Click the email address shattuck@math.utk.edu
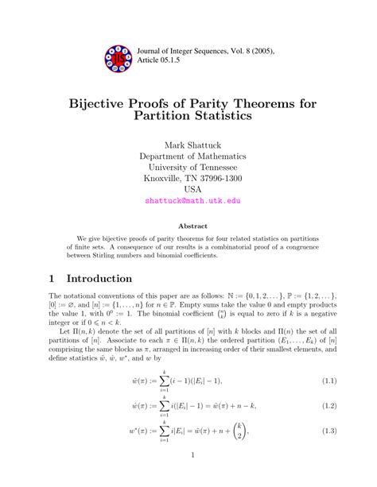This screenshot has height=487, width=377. (x=192, y=200)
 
